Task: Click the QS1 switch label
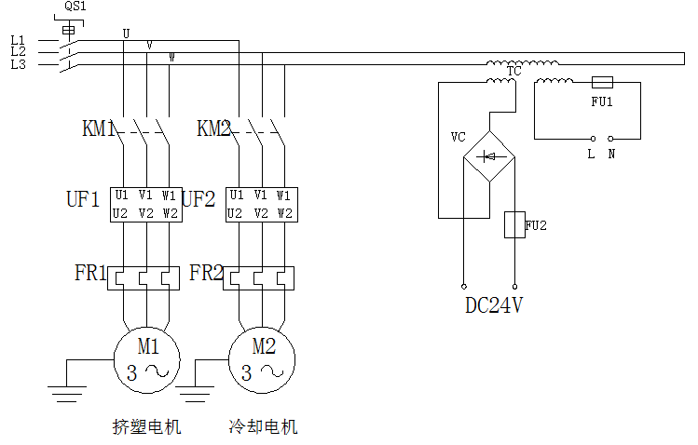click(74, 7)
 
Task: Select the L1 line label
click(18, 40)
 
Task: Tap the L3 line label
click(18, 64)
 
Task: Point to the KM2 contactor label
click(213, 129)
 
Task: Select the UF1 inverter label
click(82, 199)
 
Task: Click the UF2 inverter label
click(198, 199)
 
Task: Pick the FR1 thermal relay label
click(90, 274)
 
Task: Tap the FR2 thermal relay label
click(206, 274)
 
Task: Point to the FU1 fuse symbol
click(602, 82)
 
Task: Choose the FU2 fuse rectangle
click(514, 224)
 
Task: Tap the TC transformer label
click(513, 71)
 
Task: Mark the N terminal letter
click(611, 155)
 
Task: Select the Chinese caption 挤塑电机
click(146, 427)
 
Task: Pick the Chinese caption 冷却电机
click(263, 427)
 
